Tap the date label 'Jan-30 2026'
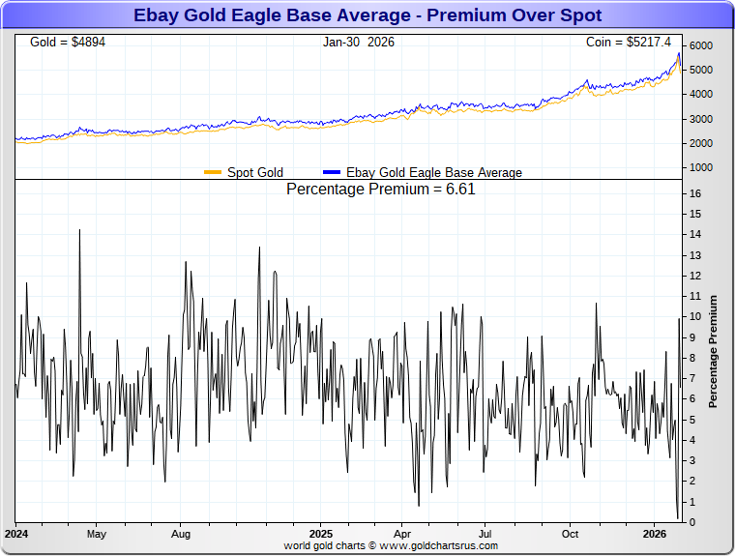coord(359,43)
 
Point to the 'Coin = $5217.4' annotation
coord(628,43)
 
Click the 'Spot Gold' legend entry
coord(254,172)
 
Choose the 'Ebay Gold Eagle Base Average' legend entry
coord(433,172)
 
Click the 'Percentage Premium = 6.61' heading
coord(381,190)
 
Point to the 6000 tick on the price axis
coord(700,46)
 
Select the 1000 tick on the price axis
coord(700,167)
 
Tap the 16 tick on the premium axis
coord(695,193)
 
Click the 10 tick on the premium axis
coord(695,317)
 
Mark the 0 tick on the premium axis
coord(692,523)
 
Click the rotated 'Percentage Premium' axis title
coord(713,351)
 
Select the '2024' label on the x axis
coord(15,533)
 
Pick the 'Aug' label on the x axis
coord(181,533)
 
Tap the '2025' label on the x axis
coord(321,533)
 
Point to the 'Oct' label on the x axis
coord(571,533)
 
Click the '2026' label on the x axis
coord(656,533)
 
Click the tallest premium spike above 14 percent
coord(79,231)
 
